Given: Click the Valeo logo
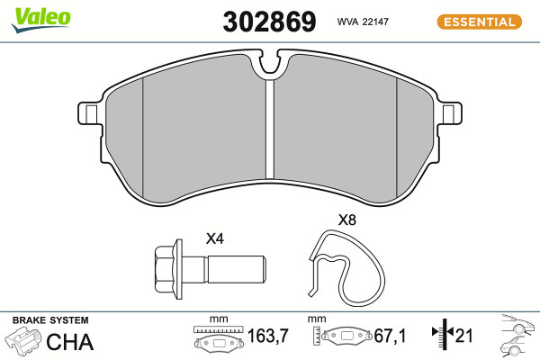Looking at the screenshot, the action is pyautogui.click(x=40, y=20).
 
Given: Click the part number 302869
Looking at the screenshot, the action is pyautogui.click(x=269, y=22).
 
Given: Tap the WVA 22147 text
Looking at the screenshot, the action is pyautogui.click(x=363, y=22).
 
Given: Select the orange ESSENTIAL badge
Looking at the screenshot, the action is pyautogui.click(x=480, y=22).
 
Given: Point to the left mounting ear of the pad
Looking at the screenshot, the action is pyautogui.click(x=90, y=113).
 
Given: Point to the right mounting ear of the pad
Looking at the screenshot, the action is pyautogui.click(x=450, y=113).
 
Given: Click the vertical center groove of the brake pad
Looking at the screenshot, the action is pyautogui.click(x=270, y=130).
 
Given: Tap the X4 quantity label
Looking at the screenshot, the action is pyautogui.click(x=215, y=238).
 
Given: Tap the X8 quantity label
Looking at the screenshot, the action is pyautogui.click(x=347, y=220).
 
